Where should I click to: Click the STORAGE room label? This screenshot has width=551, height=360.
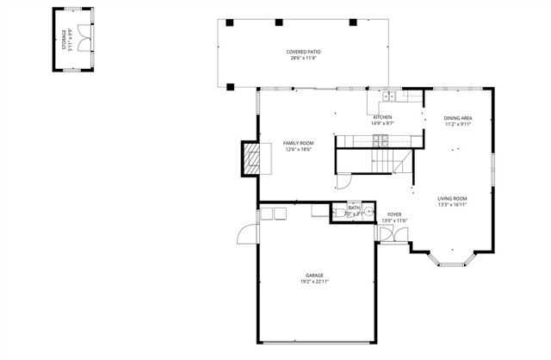tap(64, 39)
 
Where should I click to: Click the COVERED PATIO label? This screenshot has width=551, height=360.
tap(303, 52)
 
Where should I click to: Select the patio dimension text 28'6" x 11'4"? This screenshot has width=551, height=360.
tap(303, 59)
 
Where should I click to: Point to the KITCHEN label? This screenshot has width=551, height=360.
tap(382, 117)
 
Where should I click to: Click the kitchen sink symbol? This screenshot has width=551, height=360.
tap(389, 96)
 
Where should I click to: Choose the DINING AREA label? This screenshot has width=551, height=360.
tap(458, 117)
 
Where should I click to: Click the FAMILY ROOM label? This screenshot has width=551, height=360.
tap(299, 143)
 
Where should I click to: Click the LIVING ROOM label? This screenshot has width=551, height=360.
tap(452, 198)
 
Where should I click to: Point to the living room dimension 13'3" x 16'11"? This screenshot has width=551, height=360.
tap(452, 205)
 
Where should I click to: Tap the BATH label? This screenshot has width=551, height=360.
tap(354, 208)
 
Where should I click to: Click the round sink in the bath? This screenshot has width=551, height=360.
tap(368, 211)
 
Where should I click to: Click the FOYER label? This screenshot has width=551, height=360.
tap(394, 214)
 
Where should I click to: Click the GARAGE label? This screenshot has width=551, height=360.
tap(314, 275)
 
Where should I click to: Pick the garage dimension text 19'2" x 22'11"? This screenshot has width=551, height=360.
tap(314, 282)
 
